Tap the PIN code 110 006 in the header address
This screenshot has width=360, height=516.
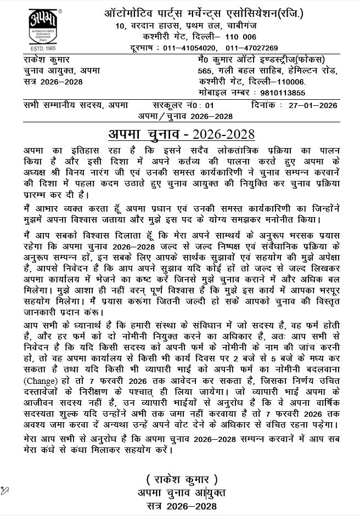(238, 37)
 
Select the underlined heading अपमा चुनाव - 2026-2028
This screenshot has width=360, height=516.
(181, 134)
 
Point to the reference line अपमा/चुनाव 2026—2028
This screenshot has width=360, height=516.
(185, 116)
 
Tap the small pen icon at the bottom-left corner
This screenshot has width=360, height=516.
(5, 490)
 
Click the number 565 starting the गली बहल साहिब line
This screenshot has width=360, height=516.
(205, 70)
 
